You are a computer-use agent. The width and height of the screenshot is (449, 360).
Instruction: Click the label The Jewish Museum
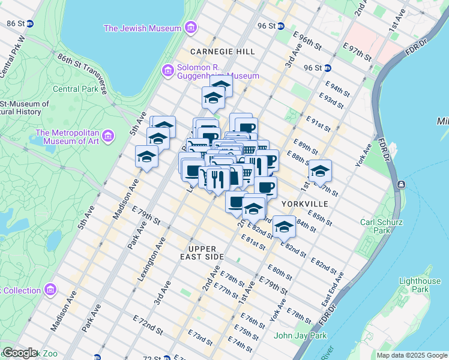pos(142,28)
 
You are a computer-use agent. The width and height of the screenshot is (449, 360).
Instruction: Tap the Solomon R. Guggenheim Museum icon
pos(169,71)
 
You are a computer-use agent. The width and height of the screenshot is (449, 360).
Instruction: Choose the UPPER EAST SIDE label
pos(205,253)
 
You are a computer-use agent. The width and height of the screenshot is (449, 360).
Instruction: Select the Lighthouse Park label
pos(420,285)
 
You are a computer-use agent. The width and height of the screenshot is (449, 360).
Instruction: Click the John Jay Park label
pos(300,335)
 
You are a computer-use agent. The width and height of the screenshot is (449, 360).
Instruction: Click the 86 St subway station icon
pos(30,23)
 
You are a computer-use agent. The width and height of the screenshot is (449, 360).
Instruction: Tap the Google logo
pos(20,353)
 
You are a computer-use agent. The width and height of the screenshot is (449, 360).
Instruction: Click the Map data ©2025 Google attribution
pos(411,355)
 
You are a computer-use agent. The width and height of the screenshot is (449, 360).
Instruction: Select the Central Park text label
pos(74,89)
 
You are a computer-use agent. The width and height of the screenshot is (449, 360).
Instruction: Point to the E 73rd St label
pos(200,338)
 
